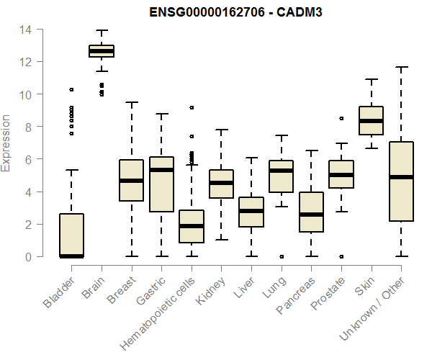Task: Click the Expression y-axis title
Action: click(x=6, y=143)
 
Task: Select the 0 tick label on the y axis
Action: click(x=29, y=256)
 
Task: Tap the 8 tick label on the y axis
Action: click(x=29, y=127)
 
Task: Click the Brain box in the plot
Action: click(x=102, y=50)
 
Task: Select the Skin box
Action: click(x=371, y=120)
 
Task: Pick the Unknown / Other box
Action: click(x=400, y=181)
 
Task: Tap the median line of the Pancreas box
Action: click(x=311, y=214)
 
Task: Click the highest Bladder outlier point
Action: click(x=71, y=90)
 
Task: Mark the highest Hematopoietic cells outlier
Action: click(x=192, y=107)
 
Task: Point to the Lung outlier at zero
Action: click(x=281, y=256)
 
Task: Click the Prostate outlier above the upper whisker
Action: click(x=341, y=118)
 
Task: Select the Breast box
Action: click(x=131, y=180)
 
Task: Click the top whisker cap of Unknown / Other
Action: click(x=400, y=68)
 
